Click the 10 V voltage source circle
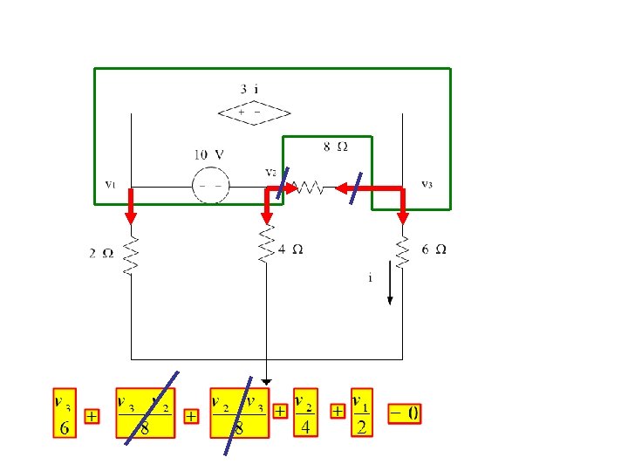tap(210, 186)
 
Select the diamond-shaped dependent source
tap(254, 113)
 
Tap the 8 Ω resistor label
tap(336, 147)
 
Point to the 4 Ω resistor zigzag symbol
tap(266, 249)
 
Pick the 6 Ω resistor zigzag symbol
tap(403, 251)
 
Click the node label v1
tap(110, 184)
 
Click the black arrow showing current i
tap(390, 291)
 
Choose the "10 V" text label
tap(208, 154)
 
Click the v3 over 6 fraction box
tap(65, 413)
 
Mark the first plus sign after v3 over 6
tap(91, 417)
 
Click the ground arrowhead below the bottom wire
tap(266, 380)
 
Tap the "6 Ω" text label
tap(434, 249)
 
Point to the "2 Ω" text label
tap(101, 254)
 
